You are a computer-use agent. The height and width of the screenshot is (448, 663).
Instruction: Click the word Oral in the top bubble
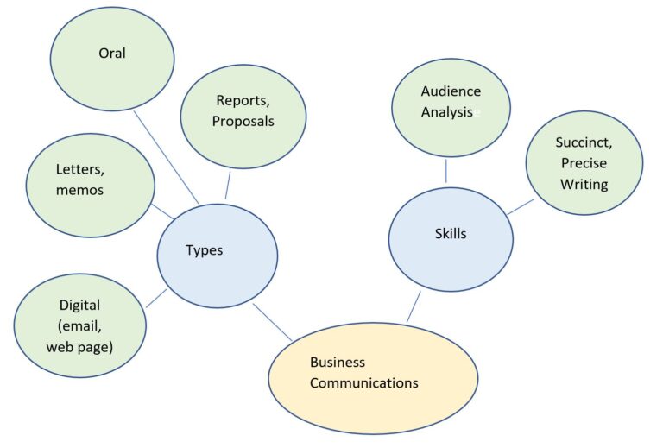(112, 54)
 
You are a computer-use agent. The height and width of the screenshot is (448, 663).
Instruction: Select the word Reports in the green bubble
(239, 100)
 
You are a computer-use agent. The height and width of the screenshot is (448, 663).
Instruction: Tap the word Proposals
(243, 121)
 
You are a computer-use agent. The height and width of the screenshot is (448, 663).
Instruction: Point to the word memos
(79, 190)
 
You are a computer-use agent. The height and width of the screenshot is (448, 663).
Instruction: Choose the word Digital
(79, 305)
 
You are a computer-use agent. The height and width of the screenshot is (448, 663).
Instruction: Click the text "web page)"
(79, 346)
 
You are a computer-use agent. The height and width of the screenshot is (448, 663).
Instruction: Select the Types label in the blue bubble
(204, 250)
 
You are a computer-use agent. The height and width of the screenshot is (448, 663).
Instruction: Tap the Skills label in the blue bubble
(450, 233)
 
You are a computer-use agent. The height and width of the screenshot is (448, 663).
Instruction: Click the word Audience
(451, 91)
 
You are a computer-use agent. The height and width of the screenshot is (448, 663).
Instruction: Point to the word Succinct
(583, 142)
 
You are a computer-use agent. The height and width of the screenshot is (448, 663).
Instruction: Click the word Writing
(584, 184)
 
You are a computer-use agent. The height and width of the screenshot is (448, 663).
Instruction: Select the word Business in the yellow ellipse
(337, 362)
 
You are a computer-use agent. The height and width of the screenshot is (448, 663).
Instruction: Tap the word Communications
(363, 382)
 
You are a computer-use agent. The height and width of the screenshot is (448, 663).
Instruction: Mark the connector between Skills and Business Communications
(414, 306)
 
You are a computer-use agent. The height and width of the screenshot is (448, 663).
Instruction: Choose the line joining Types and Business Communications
(272, 321)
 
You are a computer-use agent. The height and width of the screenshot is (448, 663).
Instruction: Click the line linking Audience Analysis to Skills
(446, 171)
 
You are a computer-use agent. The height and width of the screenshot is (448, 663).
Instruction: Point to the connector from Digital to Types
(155, 298)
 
